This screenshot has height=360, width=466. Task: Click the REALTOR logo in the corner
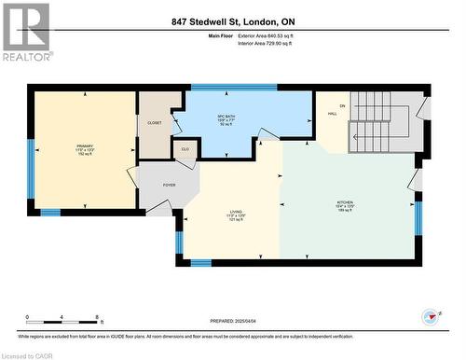pos(26,32)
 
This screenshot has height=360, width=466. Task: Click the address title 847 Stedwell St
pos(233,21)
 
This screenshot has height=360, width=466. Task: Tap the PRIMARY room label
pos(85,147)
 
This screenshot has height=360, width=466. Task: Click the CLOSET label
pos(155,122)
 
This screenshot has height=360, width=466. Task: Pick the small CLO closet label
pos(185,147)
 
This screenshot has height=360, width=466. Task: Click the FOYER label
pos(169,186)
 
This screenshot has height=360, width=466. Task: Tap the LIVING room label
pos(236,214)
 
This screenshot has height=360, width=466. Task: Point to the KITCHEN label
pos(345,203)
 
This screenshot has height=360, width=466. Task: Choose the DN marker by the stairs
pos(342,105)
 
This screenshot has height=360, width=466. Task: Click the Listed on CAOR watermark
pos(27,354)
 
